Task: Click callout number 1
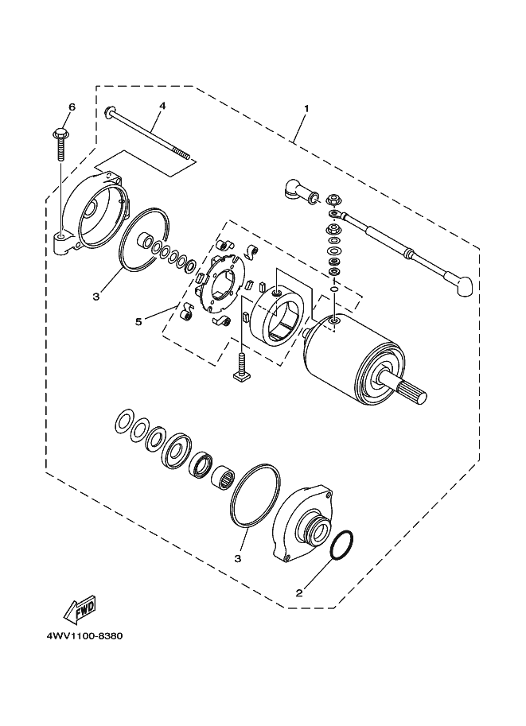(306, 108)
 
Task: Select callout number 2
(299, 592)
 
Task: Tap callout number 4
(162, 105)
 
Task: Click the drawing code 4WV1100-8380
(80, 637)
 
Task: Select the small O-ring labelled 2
(341, 545)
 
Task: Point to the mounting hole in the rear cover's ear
(61, 237)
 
